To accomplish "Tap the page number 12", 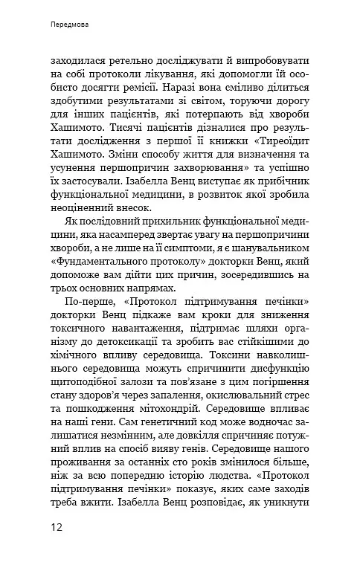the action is pos(58,528).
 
